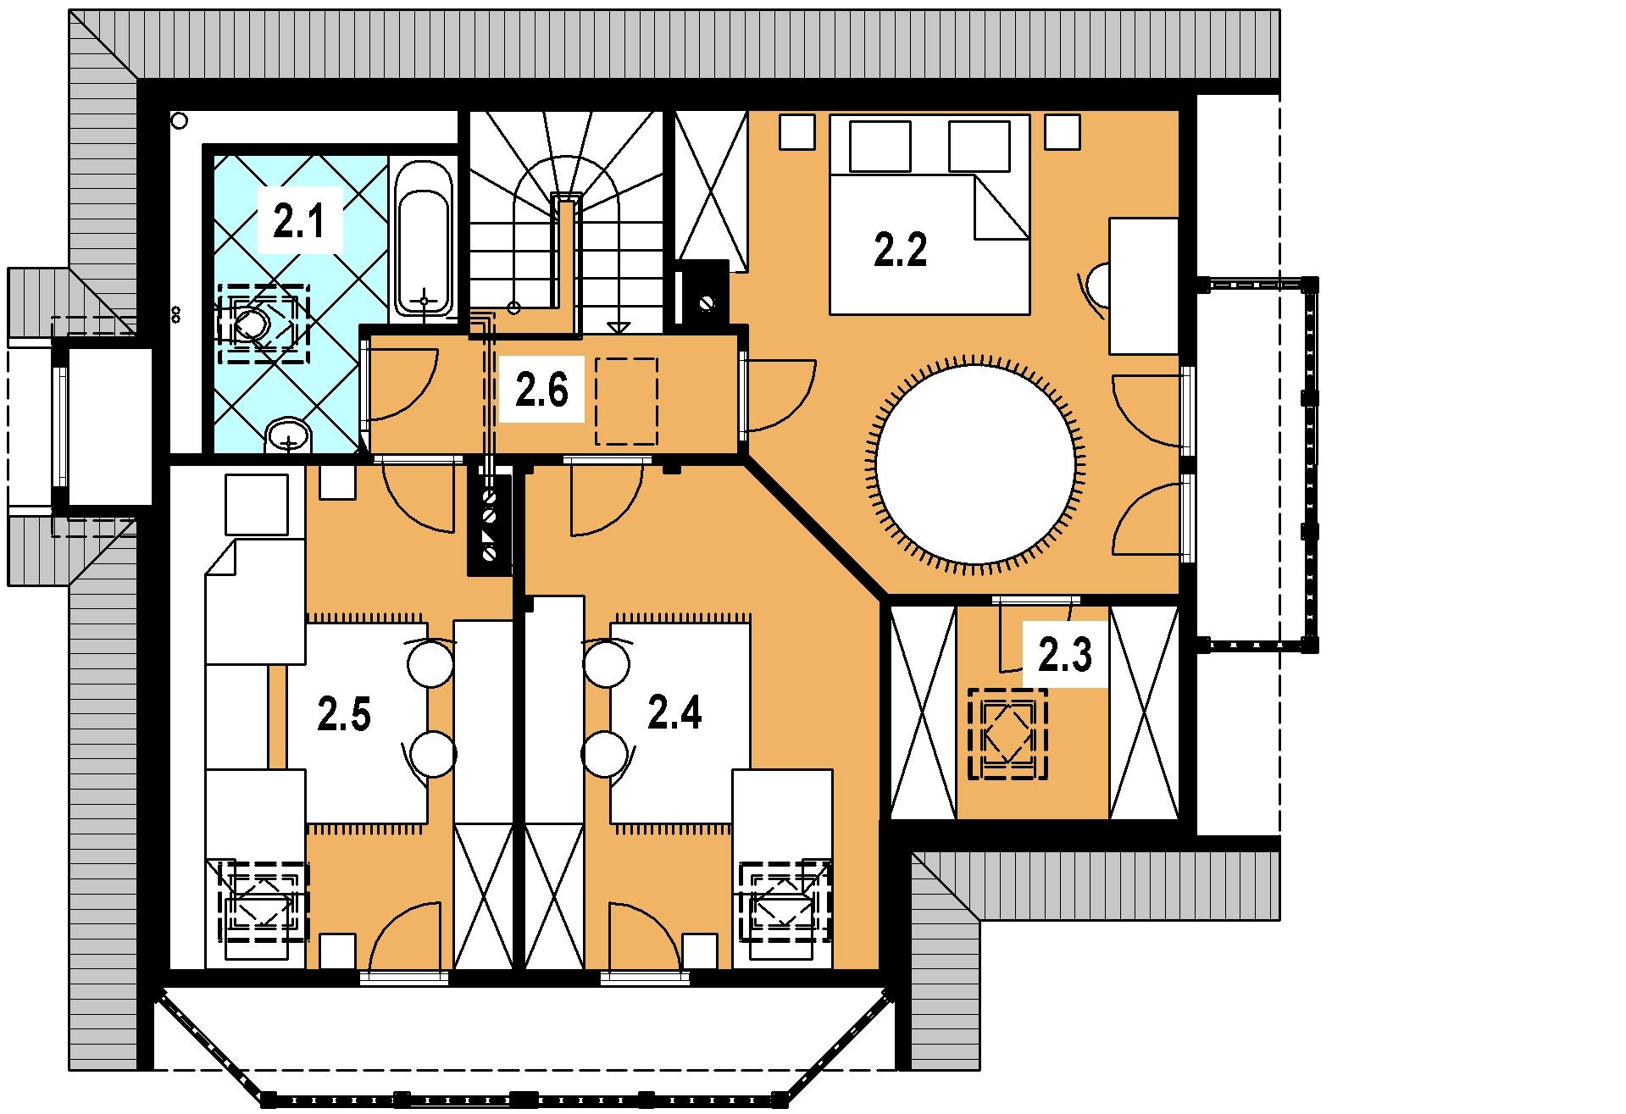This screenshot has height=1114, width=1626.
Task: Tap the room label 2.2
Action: (x=900, y=251)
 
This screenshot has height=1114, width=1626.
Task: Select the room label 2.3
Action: (x=1065, y=656)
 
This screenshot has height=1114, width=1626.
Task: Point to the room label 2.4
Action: (x=674, y=712)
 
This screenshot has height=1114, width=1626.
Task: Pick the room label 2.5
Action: (x=344, y=714)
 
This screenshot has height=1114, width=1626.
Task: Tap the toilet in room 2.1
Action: (x=251, y=323)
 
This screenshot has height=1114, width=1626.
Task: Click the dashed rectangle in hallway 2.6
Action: (x=627, y=401)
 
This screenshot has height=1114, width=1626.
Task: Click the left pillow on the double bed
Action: (x=880, y=146)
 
